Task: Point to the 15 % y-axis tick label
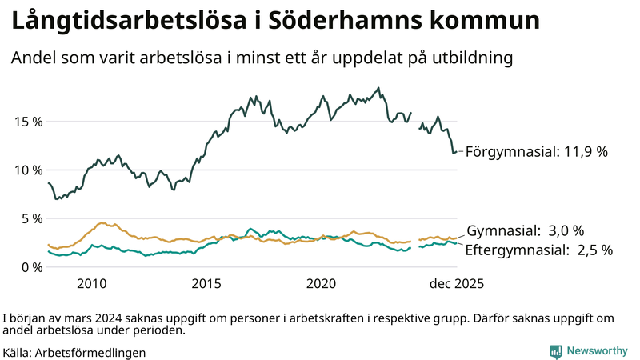(26, 122)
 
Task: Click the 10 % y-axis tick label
(26, 170)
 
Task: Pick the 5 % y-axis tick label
(30, 218)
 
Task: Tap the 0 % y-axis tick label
(30, 267)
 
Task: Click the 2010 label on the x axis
(92, 284)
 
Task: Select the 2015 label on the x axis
(206, 284)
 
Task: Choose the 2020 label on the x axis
(322, 284)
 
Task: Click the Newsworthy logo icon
(554, 351)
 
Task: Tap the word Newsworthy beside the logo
(597, 351)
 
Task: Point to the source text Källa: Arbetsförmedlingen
(74, 352)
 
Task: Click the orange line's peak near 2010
(102, 223)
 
